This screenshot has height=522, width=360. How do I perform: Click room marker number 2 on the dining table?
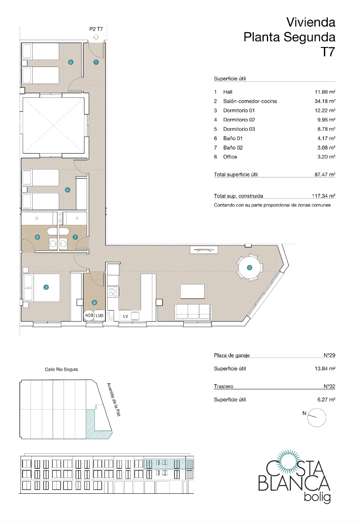[x=249, y=268]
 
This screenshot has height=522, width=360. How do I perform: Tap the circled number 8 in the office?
[x=94, y=302]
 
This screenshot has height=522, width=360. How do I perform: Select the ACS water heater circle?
[x=89, y=315]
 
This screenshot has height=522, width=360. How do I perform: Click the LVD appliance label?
[x=100, y=315]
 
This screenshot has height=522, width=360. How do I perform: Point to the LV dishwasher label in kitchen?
[x=125, y=316]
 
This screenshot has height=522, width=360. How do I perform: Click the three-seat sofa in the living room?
[x=193, y=312]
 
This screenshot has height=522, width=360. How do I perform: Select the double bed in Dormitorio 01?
[x=41, y=288]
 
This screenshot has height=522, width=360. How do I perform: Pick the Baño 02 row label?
[x=230, y=147]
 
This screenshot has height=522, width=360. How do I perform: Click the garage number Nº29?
[x=329, y=355]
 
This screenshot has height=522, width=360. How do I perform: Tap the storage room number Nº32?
[x=329, y=386]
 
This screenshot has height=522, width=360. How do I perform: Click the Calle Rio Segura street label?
[x=61, y=369]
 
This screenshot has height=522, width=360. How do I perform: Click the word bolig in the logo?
[x=316, y=497]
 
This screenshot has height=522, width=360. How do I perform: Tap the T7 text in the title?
[x=327, y=52]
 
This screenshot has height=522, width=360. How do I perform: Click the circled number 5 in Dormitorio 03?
[x=71, y=62]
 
